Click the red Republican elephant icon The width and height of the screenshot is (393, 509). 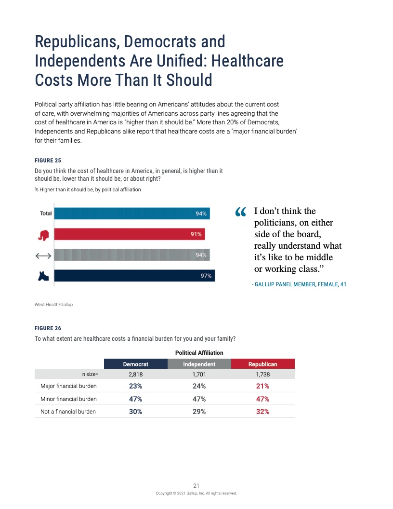pyautogui.click(x=44, y=235)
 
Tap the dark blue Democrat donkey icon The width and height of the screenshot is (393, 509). pyautogui.click(x=44, y=276)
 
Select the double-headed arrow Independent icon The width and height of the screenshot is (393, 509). pyautogui.click(x=44, y=255)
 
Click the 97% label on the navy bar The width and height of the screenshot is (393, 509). pyautogui.click(x=206, y=276)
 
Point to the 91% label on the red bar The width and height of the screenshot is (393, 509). pyautogui.click(x=196, y=235)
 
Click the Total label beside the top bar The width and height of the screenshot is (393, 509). pyautogui.click(x=46, y=214)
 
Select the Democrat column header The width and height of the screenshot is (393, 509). pyautogui.click(x=136, y=364)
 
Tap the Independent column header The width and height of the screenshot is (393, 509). pyautogui.click(x=199, y=364)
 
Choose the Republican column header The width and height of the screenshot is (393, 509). pyautogui.click(x=262, y=364)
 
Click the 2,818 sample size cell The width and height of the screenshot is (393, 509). pyautogui.click(x=136, y=374)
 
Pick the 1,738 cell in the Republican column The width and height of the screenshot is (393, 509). pyautogui.click(x=262, y=374)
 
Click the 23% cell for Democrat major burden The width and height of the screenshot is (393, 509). pyautogui.click(x=136, y=386)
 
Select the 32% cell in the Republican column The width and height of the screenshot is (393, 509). pyautogui.click(x=262, y=412)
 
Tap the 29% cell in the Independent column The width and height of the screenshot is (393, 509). pyautogui.click(x=199, y=412)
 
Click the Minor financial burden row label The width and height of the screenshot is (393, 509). pyautogui.click(x=68, y=399)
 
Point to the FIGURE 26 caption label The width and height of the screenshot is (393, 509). pyautogui.click(x=48, y=328)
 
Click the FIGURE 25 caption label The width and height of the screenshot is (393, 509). pyautogui.click(x=48, y=160)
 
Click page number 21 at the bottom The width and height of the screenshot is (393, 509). pyautogui.click(x=196, y=485)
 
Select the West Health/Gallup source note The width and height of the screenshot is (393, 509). pyautogui.click(x=53, y=305)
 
